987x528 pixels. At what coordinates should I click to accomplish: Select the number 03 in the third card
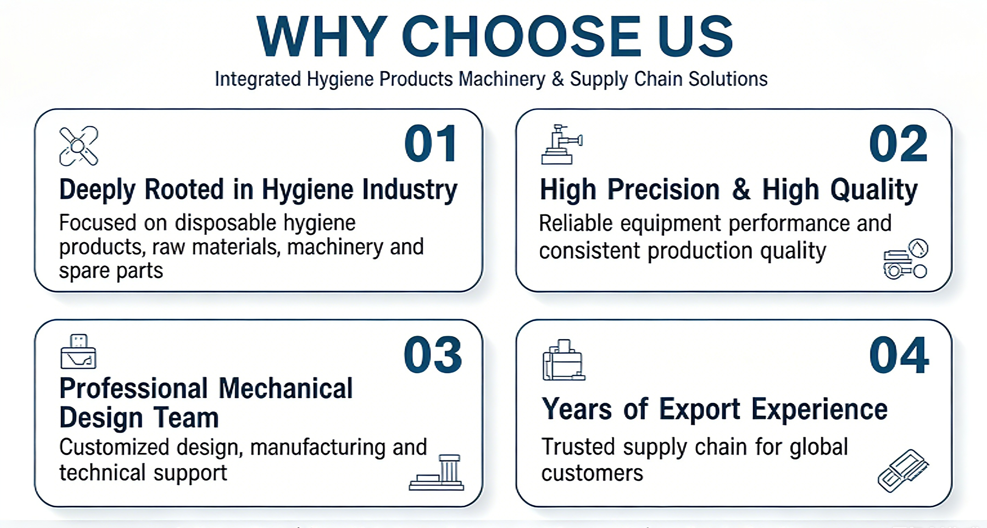point(433,355)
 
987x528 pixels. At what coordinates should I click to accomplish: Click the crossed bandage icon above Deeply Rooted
point(79,146)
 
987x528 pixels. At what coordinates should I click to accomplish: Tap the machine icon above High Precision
point(562,144)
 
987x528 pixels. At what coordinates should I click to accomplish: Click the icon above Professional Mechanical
point(79,351)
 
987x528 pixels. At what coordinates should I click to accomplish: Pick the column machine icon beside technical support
point(437,472)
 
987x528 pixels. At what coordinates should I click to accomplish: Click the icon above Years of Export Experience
point(564,360)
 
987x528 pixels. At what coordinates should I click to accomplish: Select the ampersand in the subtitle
point(557,79)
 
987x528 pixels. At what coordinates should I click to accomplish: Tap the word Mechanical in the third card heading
point(286,389)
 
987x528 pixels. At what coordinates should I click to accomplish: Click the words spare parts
point(111,271)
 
